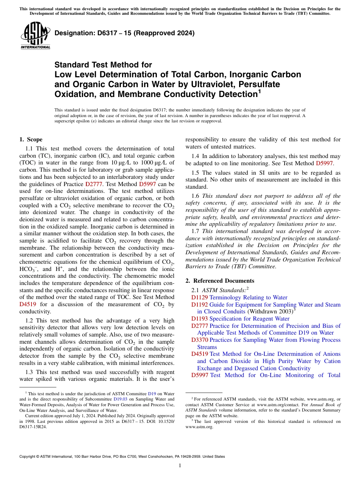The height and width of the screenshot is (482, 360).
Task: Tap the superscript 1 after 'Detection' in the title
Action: [x=259, y=91]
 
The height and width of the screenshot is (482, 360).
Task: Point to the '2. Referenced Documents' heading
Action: [x=220, y=281]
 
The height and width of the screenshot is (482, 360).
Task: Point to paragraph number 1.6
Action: [x=195, y=196]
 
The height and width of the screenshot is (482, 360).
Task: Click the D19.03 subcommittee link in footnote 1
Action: [x=121, y=399]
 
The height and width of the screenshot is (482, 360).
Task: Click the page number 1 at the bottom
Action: [x=180, y=466]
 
